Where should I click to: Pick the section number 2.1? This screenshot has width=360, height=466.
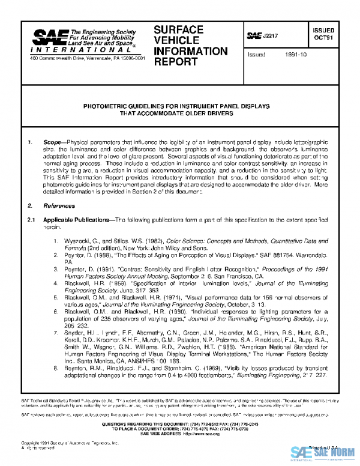[34, 220]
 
